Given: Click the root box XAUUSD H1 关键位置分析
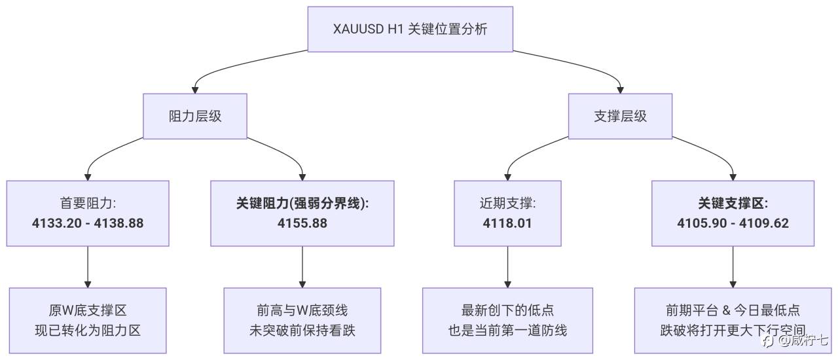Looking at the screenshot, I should point(410,29).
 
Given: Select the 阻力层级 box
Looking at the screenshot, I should point(195,117).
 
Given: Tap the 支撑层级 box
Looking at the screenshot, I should point(620,117).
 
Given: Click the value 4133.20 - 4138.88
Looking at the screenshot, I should point(88,223).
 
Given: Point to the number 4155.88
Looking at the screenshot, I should point(302,223).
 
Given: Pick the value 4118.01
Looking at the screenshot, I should point(507,223).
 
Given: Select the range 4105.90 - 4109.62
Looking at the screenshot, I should point(733,223).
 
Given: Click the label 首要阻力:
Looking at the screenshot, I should point(88,203).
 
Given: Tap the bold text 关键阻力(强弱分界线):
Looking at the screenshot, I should point(302,203).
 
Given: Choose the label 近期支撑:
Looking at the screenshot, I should point(507,203).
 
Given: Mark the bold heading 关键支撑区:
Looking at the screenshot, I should point(733,203).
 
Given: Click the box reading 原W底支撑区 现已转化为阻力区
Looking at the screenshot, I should point(88,321).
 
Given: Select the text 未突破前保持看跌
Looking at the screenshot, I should point(302,330).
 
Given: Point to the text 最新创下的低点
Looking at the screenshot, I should point(507,310).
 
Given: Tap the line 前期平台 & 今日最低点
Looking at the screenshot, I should point(733,310).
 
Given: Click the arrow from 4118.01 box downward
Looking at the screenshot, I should point(507,267).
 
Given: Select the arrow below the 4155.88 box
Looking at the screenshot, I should point(302,267).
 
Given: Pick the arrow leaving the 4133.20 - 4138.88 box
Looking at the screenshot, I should point(88,267).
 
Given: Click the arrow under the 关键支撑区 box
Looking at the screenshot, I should point(733,267).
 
